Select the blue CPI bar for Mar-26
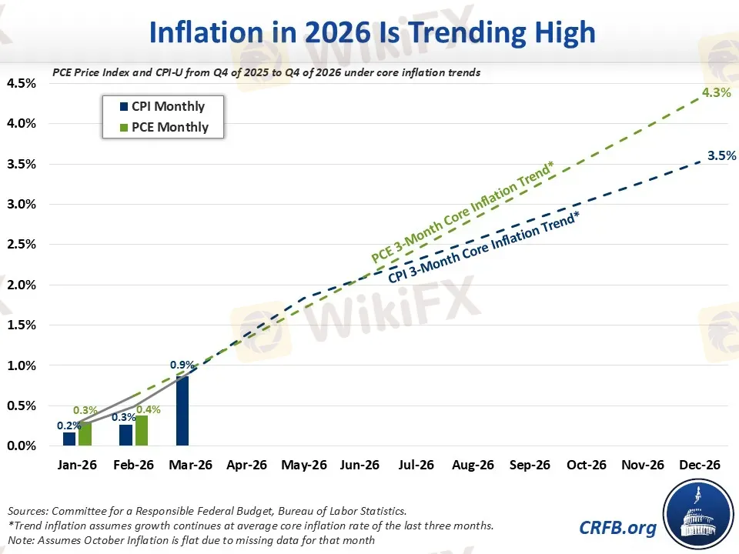pyautogui.click(x=182, y=410)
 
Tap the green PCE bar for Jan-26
pyautogui.click(x=85, y=434)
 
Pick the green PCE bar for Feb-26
pyautogui.click(x=142, y=430)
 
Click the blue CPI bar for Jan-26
pyautogui.click(x=69, y=439)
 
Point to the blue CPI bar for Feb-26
pyautogui.click(x=125, y=435)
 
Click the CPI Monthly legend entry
pyautogui.click(x=161, y=107)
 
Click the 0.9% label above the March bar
pyautogui.click(x=182, y=365)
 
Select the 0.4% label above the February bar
pyautogui.click(x=149, y=409)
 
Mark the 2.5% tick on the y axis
pyautogui.click(x=20, y=245)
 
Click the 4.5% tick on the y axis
pyautogui.click(x=20, y=83)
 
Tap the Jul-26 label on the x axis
pyautogui.click(x=416, y=466)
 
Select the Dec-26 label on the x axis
pyautogui.click(x=699, y=466)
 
